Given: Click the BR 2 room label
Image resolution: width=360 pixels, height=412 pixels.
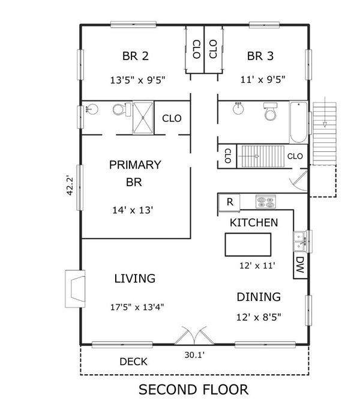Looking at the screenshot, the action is tap(136, 56).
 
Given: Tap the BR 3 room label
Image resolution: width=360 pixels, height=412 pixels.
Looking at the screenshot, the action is tap(260, 56).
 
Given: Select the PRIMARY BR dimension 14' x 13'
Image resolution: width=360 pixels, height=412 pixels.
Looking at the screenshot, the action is tap(133, 210).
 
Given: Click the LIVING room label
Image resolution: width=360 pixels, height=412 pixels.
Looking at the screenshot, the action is tap(135, 279).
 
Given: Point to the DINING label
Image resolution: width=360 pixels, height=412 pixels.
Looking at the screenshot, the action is tap(259, 297).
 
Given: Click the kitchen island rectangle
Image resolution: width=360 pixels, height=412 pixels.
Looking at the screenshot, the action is tap(248, 244).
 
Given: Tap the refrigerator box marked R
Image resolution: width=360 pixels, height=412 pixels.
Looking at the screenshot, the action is tap(229, 202).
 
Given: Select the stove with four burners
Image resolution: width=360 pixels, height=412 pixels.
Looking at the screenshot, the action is tap(266, 202).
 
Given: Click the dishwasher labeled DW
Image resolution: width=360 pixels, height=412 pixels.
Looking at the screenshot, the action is tap(300, 265).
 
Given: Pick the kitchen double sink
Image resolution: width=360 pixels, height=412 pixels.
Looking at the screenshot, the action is tap(300, 241).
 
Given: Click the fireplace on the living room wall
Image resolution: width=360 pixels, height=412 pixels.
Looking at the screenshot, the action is tap(76, 289).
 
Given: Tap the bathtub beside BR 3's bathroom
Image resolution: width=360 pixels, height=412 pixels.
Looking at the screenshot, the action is tap(299, 122).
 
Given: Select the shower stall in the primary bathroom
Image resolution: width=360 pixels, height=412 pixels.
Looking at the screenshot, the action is tap(143, 118).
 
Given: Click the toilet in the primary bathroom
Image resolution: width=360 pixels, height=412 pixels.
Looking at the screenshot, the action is tap(122, 109).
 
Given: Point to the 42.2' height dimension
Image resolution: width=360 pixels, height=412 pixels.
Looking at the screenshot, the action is tap(70, 186).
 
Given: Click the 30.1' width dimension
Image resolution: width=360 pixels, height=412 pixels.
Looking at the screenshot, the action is tap(194, 355).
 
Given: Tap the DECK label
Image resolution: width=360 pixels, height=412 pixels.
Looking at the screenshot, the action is tap(133, 362).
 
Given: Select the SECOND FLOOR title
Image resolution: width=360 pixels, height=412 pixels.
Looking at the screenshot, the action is tap(194, 390).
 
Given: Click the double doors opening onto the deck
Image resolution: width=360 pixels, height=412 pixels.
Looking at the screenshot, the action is tap(194, 335).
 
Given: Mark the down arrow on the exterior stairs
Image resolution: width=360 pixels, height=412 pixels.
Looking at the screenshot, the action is tap(325, 112).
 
